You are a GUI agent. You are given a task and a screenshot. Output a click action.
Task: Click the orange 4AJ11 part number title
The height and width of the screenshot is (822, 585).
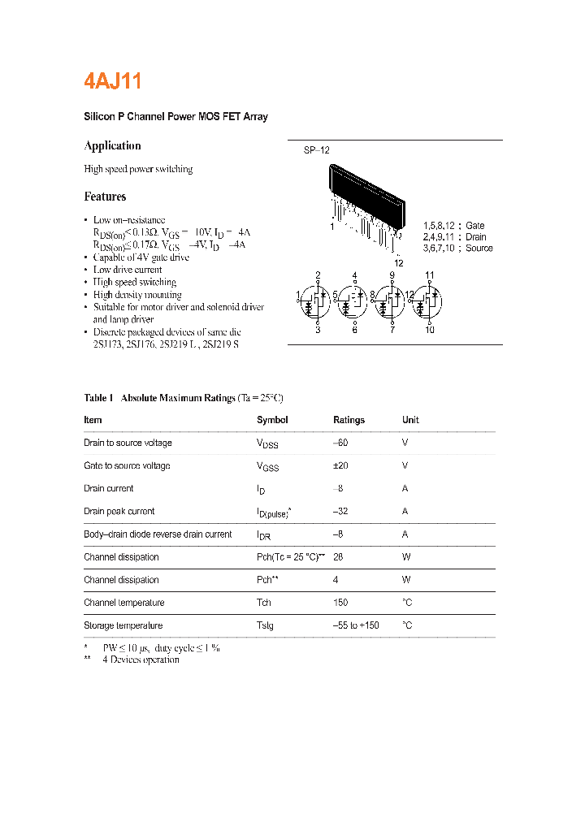coord(113,81)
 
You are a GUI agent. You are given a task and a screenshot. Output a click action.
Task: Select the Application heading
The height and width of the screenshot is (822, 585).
coord(112,145)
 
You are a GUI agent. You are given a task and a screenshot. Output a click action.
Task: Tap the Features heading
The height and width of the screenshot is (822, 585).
coord(105,197)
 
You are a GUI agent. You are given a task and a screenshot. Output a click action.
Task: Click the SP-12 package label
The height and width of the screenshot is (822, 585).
coord(316,150)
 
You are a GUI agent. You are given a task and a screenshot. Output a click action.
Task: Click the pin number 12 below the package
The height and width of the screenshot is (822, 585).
coord(398,262)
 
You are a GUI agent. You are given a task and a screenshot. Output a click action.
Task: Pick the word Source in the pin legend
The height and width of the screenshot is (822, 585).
coord(479,249)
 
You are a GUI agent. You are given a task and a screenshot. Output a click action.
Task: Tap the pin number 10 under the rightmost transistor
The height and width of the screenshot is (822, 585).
coord(429,330)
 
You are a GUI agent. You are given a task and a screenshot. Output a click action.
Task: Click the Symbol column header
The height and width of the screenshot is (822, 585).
coord(272,420)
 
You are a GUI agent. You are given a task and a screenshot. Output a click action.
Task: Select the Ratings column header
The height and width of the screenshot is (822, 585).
coord(349,420)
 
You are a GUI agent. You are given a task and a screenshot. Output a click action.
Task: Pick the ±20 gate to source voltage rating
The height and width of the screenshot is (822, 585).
coord(341,466)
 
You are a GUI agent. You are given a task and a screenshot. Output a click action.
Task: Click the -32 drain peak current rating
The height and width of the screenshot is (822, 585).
coord(341,512)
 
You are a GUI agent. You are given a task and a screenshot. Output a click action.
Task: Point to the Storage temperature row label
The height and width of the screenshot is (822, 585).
coord(123,625)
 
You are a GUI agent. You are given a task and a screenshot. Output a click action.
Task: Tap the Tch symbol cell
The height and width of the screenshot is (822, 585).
coord(264,603)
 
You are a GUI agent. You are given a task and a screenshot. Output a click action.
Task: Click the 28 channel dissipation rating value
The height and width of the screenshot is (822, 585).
coord(338,557)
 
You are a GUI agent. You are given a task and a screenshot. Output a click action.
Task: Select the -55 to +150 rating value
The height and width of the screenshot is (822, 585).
coord(356,625)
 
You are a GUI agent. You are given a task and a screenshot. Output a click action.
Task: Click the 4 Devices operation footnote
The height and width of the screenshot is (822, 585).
coord(141,660)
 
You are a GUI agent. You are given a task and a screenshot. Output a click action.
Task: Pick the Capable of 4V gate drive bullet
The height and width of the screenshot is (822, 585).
coord(141,257)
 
